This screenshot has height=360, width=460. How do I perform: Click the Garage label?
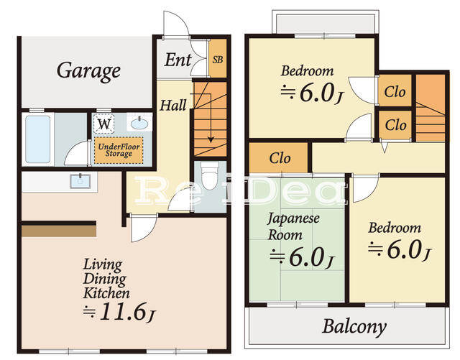click(x=88, y=71)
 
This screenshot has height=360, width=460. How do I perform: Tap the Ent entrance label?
click(x=178, y=60)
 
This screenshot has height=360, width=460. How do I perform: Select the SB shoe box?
click(x=217, y=60)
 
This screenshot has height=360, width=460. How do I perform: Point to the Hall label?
click(x=172, y=106)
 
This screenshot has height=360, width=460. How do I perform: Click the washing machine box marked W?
click(x=105, y=124)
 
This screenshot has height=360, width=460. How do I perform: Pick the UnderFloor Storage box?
click(x=119, y=149)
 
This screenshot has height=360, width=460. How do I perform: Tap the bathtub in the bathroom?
click(x=37, y=139)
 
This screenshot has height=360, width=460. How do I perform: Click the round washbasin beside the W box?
click(x=139, y=124)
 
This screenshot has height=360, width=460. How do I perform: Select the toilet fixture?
click(x=210, y=175)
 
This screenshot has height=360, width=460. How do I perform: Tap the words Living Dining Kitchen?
click(x=106, y=279)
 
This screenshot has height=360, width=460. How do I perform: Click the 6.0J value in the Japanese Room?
click(x=301, y=256)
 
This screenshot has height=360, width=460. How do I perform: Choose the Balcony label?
click(x=354, y=327)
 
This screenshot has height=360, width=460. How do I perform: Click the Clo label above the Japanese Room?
click(x=280, y=158)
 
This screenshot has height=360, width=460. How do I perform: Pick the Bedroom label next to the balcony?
click(x=395, y=228)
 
